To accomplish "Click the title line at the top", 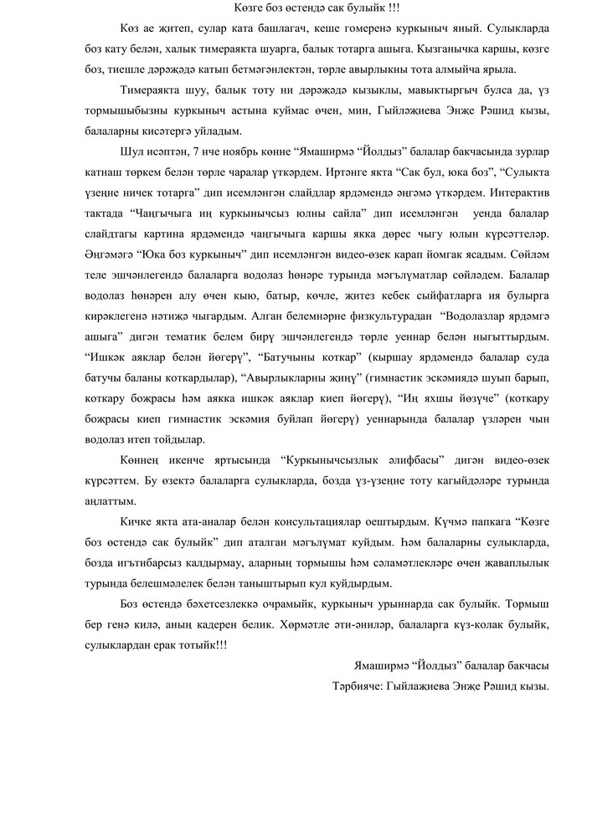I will [296, 9].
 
